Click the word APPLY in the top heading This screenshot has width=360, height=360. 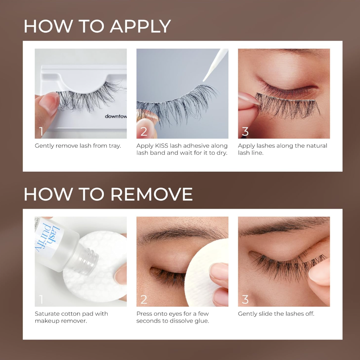click(140, 26)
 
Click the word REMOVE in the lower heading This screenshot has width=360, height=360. click(151, 194)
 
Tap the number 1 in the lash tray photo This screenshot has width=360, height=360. click(41, 131)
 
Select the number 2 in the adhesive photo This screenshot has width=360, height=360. click(144, 131)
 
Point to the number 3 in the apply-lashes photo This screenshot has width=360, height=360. click(245, 131)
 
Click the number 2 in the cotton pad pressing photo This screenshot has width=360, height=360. click(144, 299)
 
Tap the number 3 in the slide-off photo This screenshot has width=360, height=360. click(245, 299)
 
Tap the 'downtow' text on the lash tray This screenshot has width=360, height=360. click(116, 116)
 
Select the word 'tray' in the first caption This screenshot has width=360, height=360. click(114, 146)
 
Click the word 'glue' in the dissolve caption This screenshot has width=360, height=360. click(202, 321)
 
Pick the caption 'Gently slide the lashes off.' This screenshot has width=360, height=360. click(276, 314)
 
